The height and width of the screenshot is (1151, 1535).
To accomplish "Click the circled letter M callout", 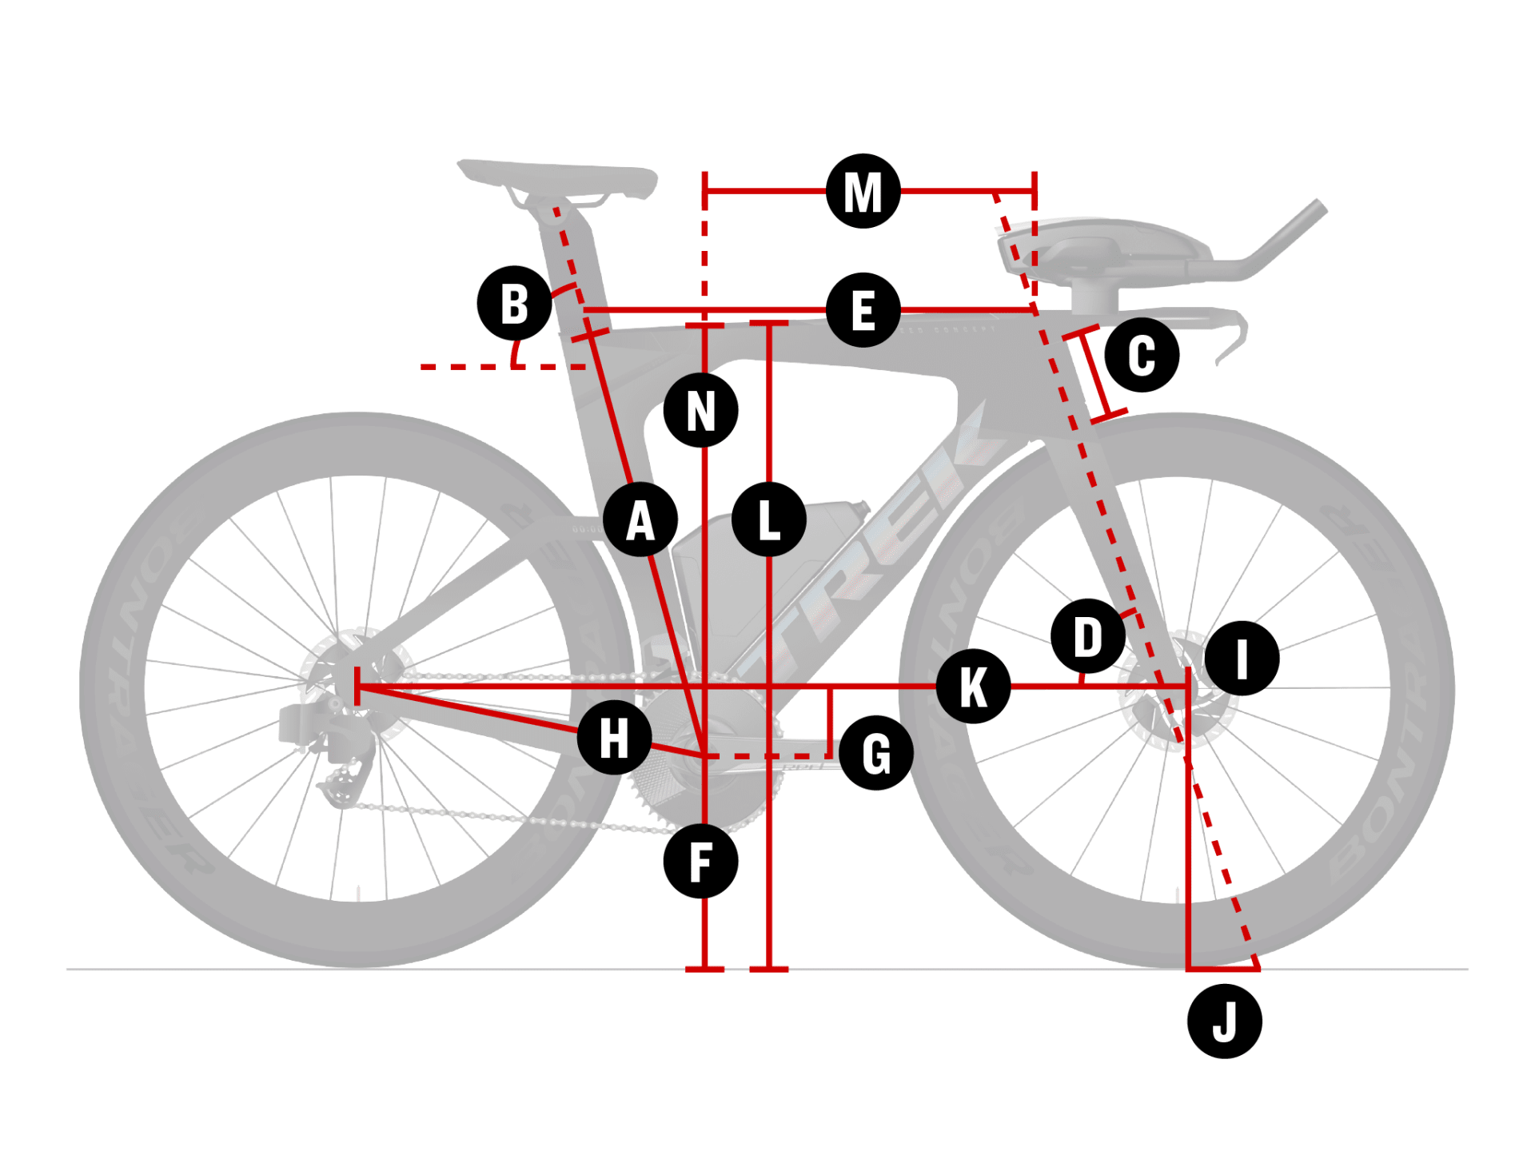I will click(863, 191).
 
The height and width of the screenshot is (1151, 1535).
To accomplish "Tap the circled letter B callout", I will click(514, 304).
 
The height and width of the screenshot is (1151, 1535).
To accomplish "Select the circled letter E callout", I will click(863, 310).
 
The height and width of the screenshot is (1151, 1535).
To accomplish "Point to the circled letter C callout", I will click(1142, 355).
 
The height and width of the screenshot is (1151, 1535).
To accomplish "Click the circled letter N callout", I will click(701, 411).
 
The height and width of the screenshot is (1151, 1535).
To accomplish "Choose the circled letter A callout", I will click(640, 520).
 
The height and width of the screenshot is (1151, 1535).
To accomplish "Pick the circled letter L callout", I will click(769, 520).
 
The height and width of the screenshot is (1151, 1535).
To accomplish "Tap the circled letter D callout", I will click(1088, 636).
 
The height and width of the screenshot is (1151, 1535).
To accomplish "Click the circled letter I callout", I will click(1242, 658).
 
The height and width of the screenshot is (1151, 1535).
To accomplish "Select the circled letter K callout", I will click(973, 686).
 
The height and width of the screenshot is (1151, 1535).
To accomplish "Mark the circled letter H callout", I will click(614, 737).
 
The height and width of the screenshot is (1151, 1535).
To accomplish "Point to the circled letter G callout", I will click(876, 753).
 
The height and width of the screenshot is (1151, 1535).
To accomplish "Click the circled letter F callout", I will click(700, 862).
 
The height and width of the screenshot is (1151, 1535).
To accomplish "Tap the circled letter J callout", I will click(1224, 1022).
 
